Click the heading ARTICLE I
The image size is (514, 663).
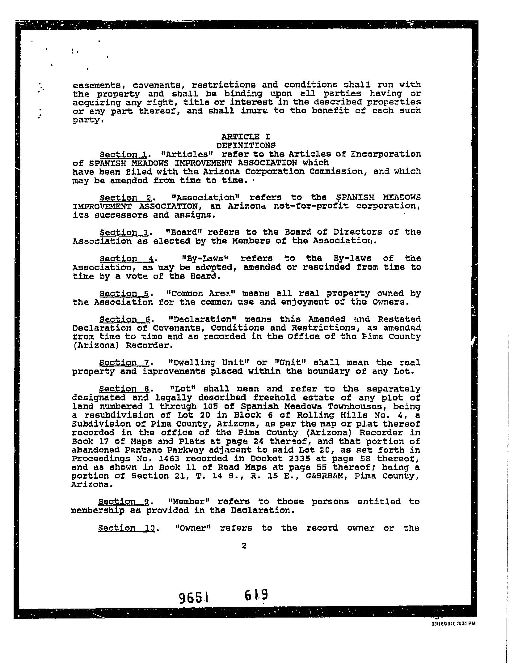coord(246,136)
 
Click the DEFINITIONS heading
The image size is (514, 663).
coord(246,145)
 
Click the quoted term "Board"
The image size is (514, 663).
coord(183,232)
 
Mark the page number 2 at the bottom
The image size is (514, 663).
coord(244,546)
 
